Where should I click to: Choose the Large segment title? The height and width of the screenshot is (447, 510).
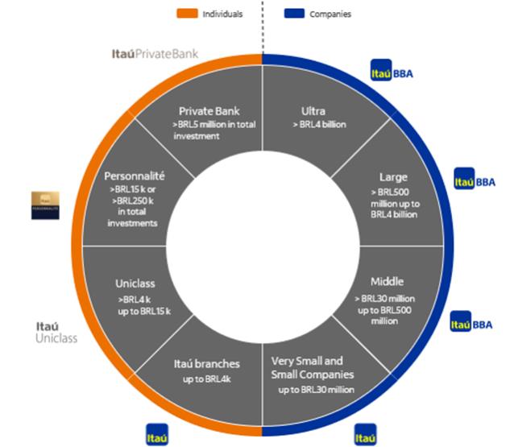coord(393,176)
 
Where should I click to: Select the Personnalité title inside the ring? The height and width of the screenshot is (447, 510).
coord(134,175)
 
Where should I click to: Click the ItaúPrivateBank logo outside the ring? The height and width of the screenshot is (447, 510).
coord(155,55)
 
